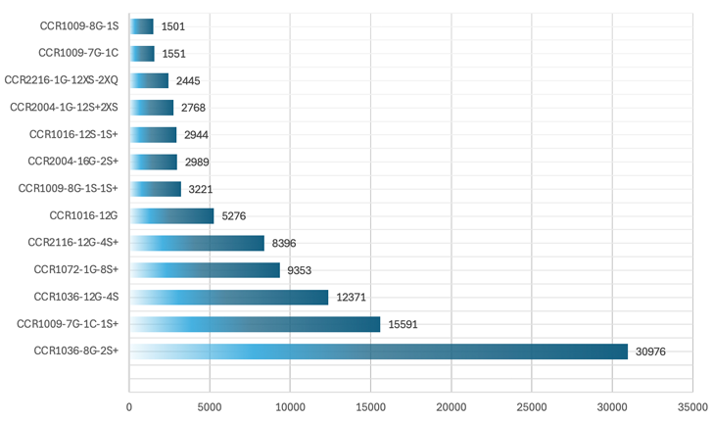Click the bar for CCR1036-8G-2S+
pos(378,351)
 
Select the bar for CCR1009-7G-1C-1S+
pos(255,324)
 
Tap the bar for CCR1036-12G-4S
pos(229,297)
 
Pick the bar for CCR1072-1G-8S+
pos(205,269)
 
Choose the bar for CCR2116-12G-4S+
pos(197,243)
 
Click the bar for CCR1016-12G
pos(171,215)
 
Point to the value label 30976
pos(650,351)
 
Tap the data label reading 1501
pos(173,26)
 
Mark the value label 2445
pos(188,80)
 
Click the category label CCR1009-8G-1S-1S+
pos(69,188)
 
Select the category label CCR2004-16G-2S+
pos(72,162)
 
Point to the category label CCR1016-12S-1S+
pos(73,134)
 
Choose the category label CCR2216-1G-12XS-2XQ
pos(62,80)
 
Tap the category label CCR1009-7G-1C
pos(78,53)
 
